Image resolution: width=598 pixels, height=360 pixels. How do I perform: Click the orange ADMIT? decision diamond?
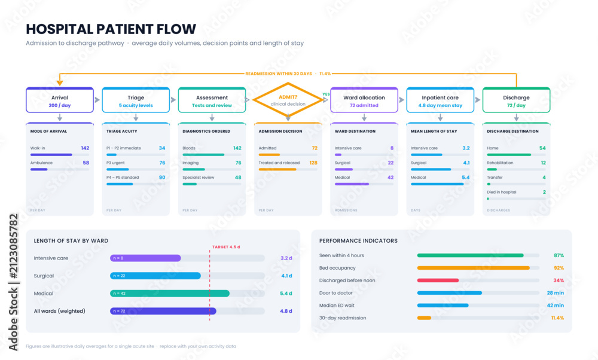(x=288, y=100)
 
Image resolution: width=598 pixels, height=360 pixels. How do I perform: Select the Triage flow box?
(x=136, y=100)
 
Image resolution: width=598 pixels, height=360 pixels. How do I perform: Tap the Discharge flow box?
(x=516, y=100)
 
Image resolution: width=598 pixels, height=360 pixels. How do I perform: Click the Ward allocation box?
(x=364, y=100)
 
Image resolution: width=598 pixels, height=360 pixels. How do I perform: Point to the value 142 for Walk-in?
(x=85, y=148)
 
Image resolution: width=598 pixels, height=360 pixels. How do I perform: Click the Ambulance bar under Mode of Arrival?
(x=39, y=169)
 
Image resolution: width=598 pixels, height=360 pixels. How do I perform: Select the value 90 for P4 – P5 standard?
(x=162, y=178)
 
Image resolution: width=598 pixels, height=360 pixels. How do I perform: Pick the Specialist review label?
(x=199, y=178)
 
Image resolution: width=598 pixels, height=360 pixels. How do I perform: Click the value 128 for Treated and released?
(x=313, y=163)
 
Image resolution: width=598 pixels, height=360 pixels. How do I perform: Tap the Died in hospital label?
(x=502, y=192)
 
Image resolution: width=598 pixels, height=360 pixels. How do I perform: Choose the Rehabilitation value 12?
(x=544, y=163)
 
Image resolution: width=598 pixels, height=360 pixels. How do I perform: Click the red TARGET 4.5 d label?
(x=226, y=247)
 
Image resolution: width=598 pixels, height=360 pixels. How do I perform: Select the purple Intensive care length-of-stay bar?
(x=145, y=258)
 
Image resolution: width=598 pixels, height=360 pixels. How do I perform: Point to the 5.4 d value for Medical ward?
(x=286, y=293)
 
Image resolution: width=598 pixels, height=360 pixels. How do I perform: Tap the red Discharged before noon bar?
(x=438, y=280)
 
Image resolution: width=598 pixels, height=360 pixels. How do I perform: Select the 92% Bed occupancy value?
(x=559, y=268)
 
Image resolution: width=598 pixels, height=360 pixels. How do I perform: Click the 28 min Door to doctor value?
(x=556, y=293)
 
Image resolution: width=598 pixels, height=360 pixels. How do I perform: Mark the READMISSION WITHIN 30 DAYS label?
(x=279, y=74)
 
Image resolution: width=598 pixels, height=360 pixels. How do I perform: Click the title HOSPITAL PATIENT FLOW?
(x=111, y=29)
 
